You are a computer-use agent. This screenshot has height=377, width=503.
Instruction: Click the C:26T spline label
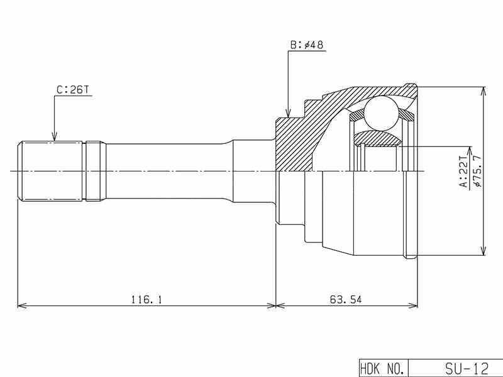point(72,90)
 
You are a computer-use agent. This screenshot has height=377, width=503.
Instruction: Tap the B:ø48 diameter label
point(307,45)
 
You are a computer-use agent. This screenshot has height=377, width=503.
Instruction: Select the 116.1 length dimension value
point(146,300)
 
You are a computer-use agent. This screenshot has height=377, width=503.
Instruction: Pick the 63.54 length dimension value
point(345,300)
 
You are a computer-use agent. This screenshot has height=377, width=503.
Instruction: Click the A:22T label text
point(464,172)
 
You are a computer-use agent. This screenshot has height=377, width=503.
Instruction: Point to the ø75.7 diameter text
point(477,171)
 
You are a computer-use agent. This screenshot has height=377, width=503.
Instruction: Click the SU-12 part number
point(467,369)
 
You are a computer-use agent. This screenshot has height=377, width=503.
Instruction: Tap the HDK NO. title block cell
point(383,369)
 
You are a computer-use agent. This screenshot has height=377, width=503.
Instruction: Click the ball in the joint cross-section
point(382,113)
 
